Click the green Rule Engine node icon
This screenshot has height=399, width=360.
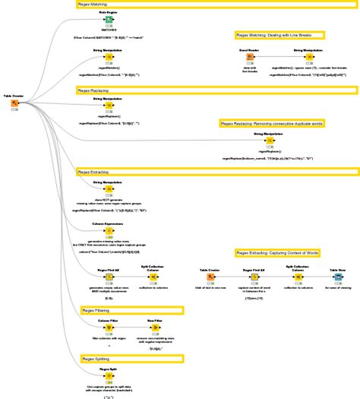109,20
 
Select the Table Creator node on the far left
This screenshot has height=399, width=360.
14,103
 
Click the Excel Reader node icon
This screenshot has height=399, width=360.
250,59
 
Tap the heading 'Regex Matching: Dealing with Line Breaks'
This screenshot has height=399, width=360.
279,35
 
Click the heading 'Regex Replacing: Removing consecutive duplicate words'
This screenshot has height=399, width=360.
272,123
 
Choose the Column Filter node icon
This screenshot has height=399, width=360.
109,328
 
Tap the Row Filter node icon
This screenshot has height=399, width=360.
153,328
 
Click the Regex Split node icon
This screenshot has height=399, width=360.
109,377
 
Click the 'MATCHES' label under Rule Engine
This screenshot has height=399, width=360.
109,30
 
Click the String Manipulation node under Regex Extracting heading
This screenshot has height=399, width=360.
109,190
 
